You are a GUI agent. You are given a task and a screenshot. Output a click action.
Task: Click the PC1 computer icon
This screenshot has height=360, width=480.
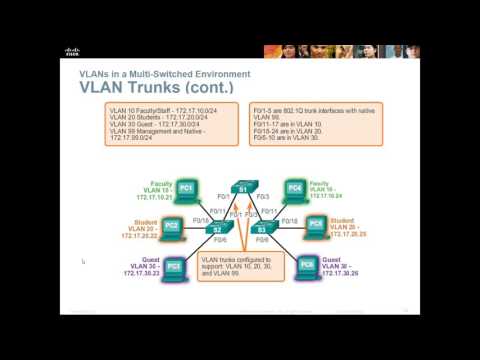(x=187, y=188)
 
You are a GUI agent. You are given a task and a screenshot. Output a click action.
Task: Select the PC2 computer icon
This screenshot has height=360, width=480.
(x=172, y=226)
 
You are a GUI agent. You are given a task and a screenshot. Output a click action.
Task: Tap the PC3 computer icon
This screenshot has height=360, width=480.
(x=175, y=267)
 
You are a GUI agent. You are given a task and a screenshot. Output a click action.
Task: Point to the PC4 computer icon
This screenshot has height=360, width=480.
(x=294, y=188)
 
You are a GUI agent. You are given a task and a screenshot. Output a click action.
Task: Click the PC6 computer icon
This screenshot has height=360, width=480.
(x=308, y=267)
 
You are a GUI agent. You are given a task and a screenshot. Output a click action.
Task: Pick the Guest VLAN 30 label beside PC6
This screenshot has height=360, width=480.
(x=346, y=267)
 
